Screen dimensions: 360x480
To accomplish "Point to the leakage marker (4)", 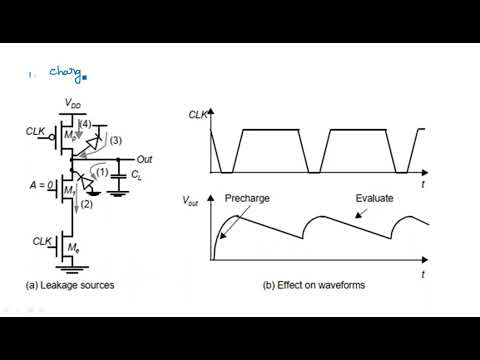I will (x=86, y=124).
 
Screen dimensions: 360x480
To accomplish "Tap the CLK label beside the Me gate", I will (x=40, y=241).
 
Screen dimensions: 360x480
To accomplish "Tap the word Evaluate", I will (x=375, y=198).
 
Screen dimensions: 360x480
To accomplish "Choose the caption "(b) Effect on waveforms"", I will (x=315, y=286).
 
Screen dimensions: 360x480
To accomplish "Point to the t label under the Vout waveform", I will (x=423, y=272).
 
